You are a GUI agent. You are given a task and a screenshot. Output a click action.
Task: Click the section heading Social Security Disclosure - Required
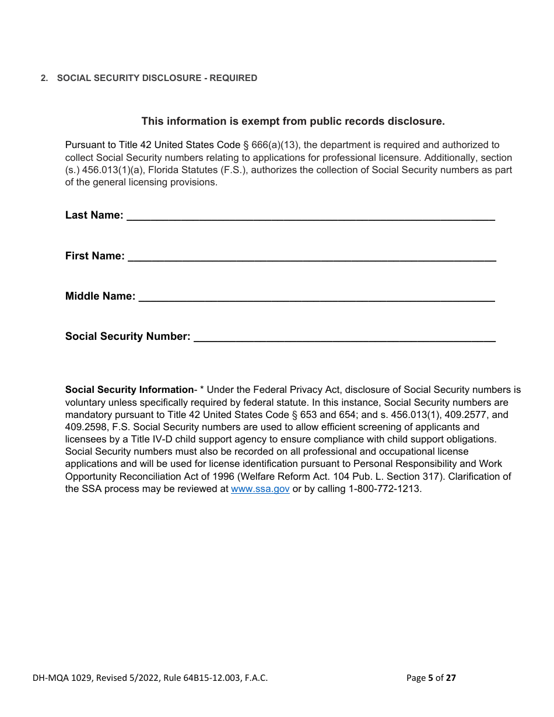coord(157,78)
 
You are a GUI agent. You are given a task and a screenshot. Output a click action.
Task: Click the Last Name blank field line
coord(310,216)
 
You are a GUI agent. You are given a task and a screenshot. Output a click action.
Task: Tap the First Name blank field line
coord(311,256)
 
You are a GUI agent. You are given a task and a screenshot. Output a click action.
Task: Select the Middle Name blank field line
coord(316,297)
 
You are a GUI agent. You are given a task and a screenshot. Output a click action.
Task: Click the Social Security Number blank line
coord(344,337)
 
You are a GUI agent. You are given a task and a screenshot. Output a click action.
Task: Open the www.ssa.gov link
coord(260,489)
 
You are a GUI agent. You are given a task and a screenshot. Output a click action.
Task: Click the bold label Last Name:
coord(94,215)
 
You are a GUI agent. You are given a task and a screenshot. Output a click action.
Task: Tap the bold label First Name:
coord(94,256)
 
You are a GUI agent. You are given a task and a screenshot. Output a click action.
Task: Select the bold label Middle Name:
coord(100,296)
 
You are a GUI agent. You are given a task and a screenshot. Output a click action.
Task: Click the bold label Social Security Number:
coord(128,336)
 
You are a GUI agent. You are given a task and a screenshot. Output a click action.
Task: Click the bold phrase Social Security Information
coord(129,390)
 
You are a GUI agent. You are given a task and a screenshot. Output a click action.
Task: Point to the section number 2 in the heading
coord(43,78)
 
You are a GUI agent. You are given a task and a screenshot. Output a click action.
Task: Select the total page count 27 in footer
coord(451,678)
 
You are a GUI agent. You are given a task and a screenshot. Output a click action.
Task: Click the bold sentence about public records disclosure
coord(293,121)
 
